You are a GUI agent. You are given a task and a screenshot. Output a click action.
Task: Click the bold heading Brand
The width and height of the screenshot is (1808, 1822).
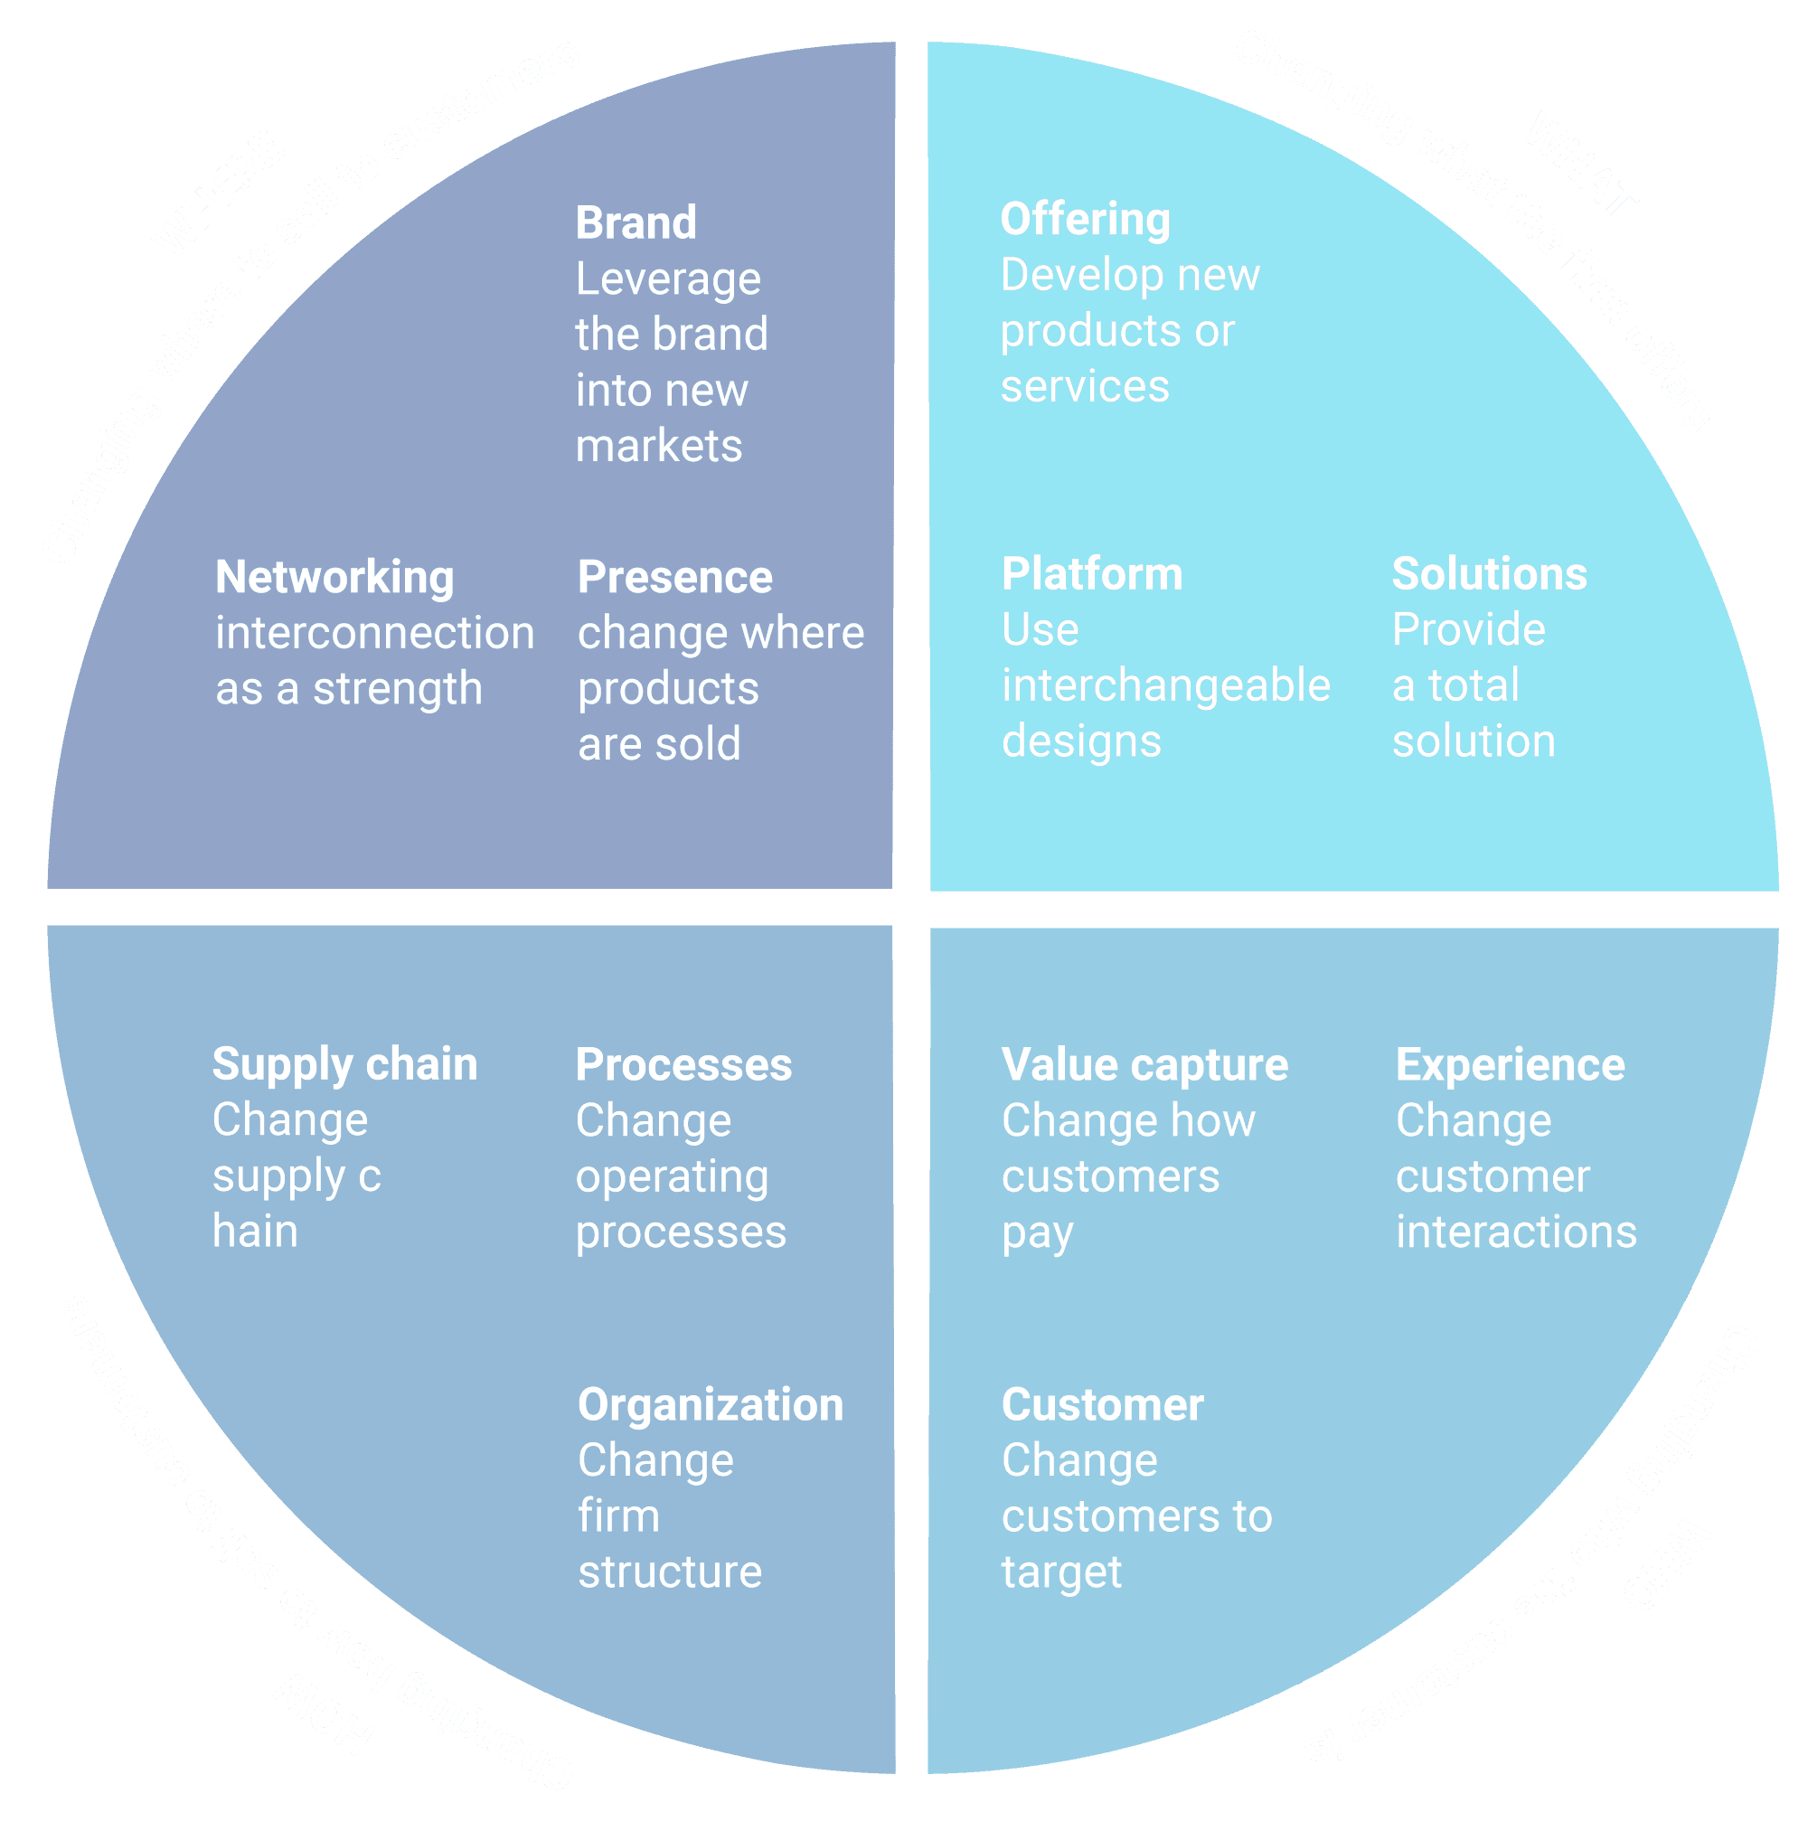(x=636, y=223)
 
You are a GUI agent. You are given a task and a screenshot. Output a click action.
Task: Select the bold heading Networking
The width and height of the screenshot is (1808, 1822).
(x=334, y=577)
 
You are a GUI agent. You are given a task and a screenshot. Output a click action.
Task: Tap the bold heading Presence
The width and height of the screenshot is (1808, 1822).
(x=675, y=577)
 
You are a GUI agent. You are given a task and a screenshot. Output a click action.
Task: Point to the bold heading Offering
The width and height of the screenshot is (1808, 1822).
(x=1085, y=220)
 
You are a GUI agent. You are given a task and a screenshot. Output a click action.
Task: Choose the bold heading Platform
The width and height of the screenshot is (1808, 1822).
(x=1092, y=574)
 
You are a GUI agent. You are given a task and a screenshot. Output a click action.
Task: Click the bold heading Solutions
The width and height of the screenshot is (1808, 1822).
(x=1490, y=574)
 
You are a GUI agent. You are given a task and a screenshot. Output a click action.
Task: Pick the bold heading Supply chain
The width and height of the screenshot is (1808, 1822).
(x=345, y=1065)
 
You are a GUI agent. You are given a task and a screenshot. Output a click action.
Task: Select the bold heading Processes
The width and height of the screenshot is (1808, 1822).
(x=683, y=1066)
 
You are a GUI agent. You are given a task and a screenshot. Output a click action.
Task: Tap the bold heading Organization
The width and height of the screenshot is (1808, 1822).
(x=711, y=1405)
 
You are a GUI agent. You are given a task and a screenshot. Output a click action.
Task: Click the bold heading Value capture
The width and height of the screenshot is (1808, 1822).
(x=1144, y=1066)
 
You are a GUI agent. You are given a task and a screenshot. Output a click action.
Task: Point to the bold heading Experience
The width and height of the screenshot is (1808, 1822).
(x=1510, y=1066)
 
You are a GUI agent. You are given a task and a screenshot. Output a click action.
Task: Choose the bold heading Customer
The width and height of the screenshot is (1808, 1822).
(x=1102, y=1405)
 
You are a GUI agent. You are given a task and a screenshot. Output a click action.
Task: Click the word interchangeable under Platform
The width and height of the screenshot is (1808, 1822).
(x=1166, y=685)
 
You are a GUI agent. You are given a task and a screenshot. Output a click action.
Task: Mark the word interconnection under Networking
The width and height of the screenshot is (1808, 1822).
(x=375, y=633)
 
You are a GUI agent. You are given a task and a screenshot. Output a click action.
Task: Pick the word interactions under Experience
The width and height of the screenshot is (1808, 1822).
(x=1516, y=1232)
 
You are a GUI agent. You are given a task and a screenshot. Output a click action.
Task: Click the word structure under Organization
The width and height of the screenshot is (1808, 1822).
(x=670, y=1572)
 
